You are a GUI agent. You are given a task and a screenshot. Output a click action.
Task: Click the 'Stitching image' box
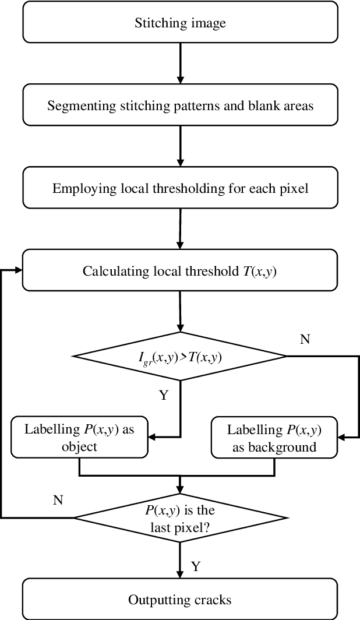(180, 23)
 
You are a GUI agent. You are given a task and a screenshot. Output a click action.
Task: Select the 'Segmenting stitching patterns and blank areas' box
(180, 106)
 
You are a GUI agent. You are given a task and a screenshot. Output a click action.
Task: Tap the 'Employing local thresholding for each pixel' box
(180, 188)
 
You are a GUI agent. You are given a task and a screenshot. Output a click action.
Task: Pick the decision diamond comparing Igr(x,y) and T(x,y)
(179, 356)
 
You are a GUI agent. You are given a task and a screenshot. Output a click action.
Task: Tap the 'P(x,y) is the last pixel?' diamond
(179, 517)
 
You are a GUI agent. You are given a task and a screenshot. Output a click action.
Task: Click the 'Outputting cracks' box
(180, 599)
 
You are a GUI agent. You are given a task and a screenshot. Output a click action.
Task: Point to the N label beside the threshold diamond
(304, 339)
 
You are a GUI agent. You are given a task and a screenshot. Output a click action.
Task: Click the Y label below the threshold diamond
(163, 396)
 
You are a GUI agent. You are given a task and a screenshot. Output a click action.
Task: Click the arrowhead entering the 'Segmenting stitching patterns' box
(180, 80)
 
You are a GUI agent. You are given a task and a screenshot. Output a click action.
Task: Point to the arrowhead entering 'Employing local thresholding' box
(180, 163)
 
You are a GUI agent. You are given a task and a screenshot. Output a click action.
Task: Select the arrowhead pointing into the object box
(153, 435)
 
